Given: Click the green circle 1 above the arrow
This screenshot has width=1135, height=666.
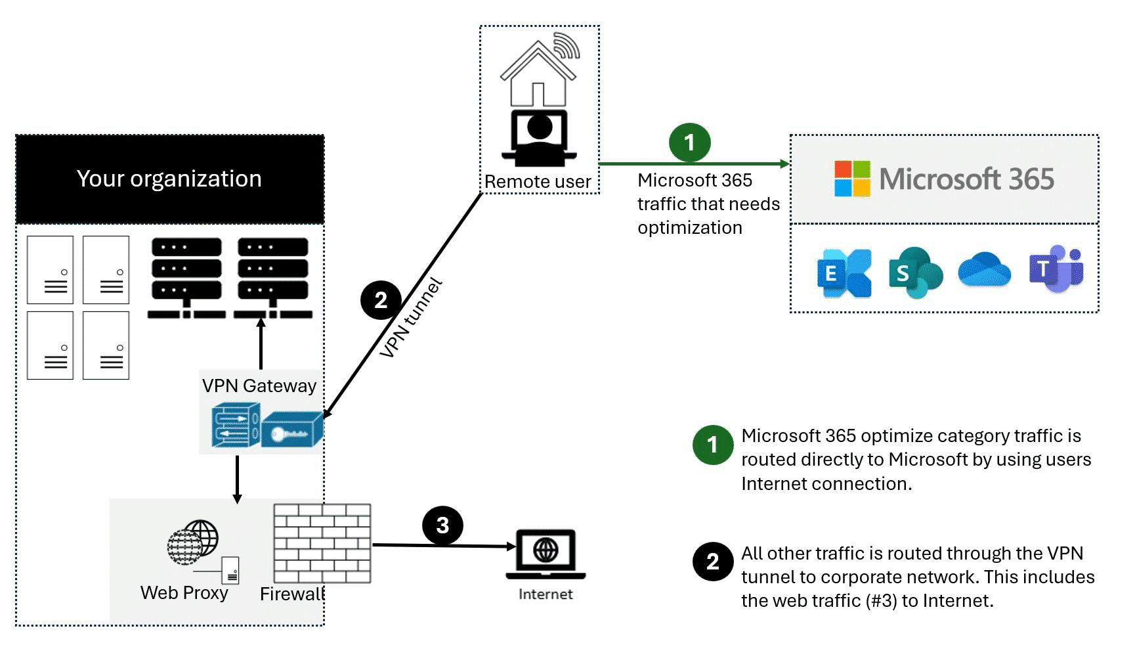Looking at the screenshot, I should (x=689, y=143).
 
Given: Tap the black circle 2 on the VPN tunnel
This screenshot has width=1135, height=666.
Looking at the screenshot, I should (x=381, y=300).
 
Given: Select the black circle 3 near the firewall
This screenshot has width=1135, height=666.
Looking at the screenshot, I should (x=442, y=525).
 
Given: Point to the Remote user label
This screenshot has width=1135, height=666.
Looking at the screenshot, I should (x=538, y=182).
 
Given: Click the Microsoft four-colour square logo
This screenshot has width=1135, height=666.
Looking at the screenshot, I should (x=852, y=179).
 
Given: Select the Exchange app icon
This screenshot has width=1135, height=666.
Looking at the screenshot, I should (x=844, y=273).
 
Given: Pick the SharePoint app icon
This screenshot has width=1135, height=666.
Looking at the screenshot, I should (x=914, y=273).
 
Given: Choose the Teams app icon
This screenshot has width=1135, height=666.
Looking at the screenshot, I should (x=1056, y=269).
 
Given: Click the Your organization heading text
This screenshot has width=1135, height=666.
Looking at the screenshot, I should (x=169, y=179).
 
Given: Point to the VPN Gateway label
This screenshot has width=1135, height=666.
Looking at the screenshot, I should (x=259, y=386).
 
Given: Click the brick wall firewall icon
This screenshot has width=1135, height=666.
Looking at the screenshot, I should (x=322, y=543).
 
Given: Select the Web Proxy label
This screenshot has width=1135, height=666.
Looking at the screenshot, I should (x=184, y=592).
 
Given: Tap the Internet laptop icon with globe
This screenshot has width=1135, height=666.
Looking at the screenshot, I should (x=546, y=553).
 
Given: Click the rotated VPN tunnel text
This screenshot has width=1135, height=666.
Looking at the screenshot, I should (x=411, y=319).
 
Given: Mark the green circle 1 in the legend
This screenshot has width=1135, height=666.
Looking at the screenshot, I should (x=712, y=445).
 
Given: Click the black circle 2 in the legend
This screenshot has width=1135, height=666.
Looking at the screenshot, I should (x=712, y=562).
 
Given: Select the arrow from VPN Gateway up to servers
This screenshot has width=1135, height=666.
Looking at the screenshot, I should (x=261, y=344).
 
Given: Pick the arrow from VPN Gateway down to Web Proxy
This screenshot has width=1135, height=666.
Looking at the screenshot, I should (x=237, y=479).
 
